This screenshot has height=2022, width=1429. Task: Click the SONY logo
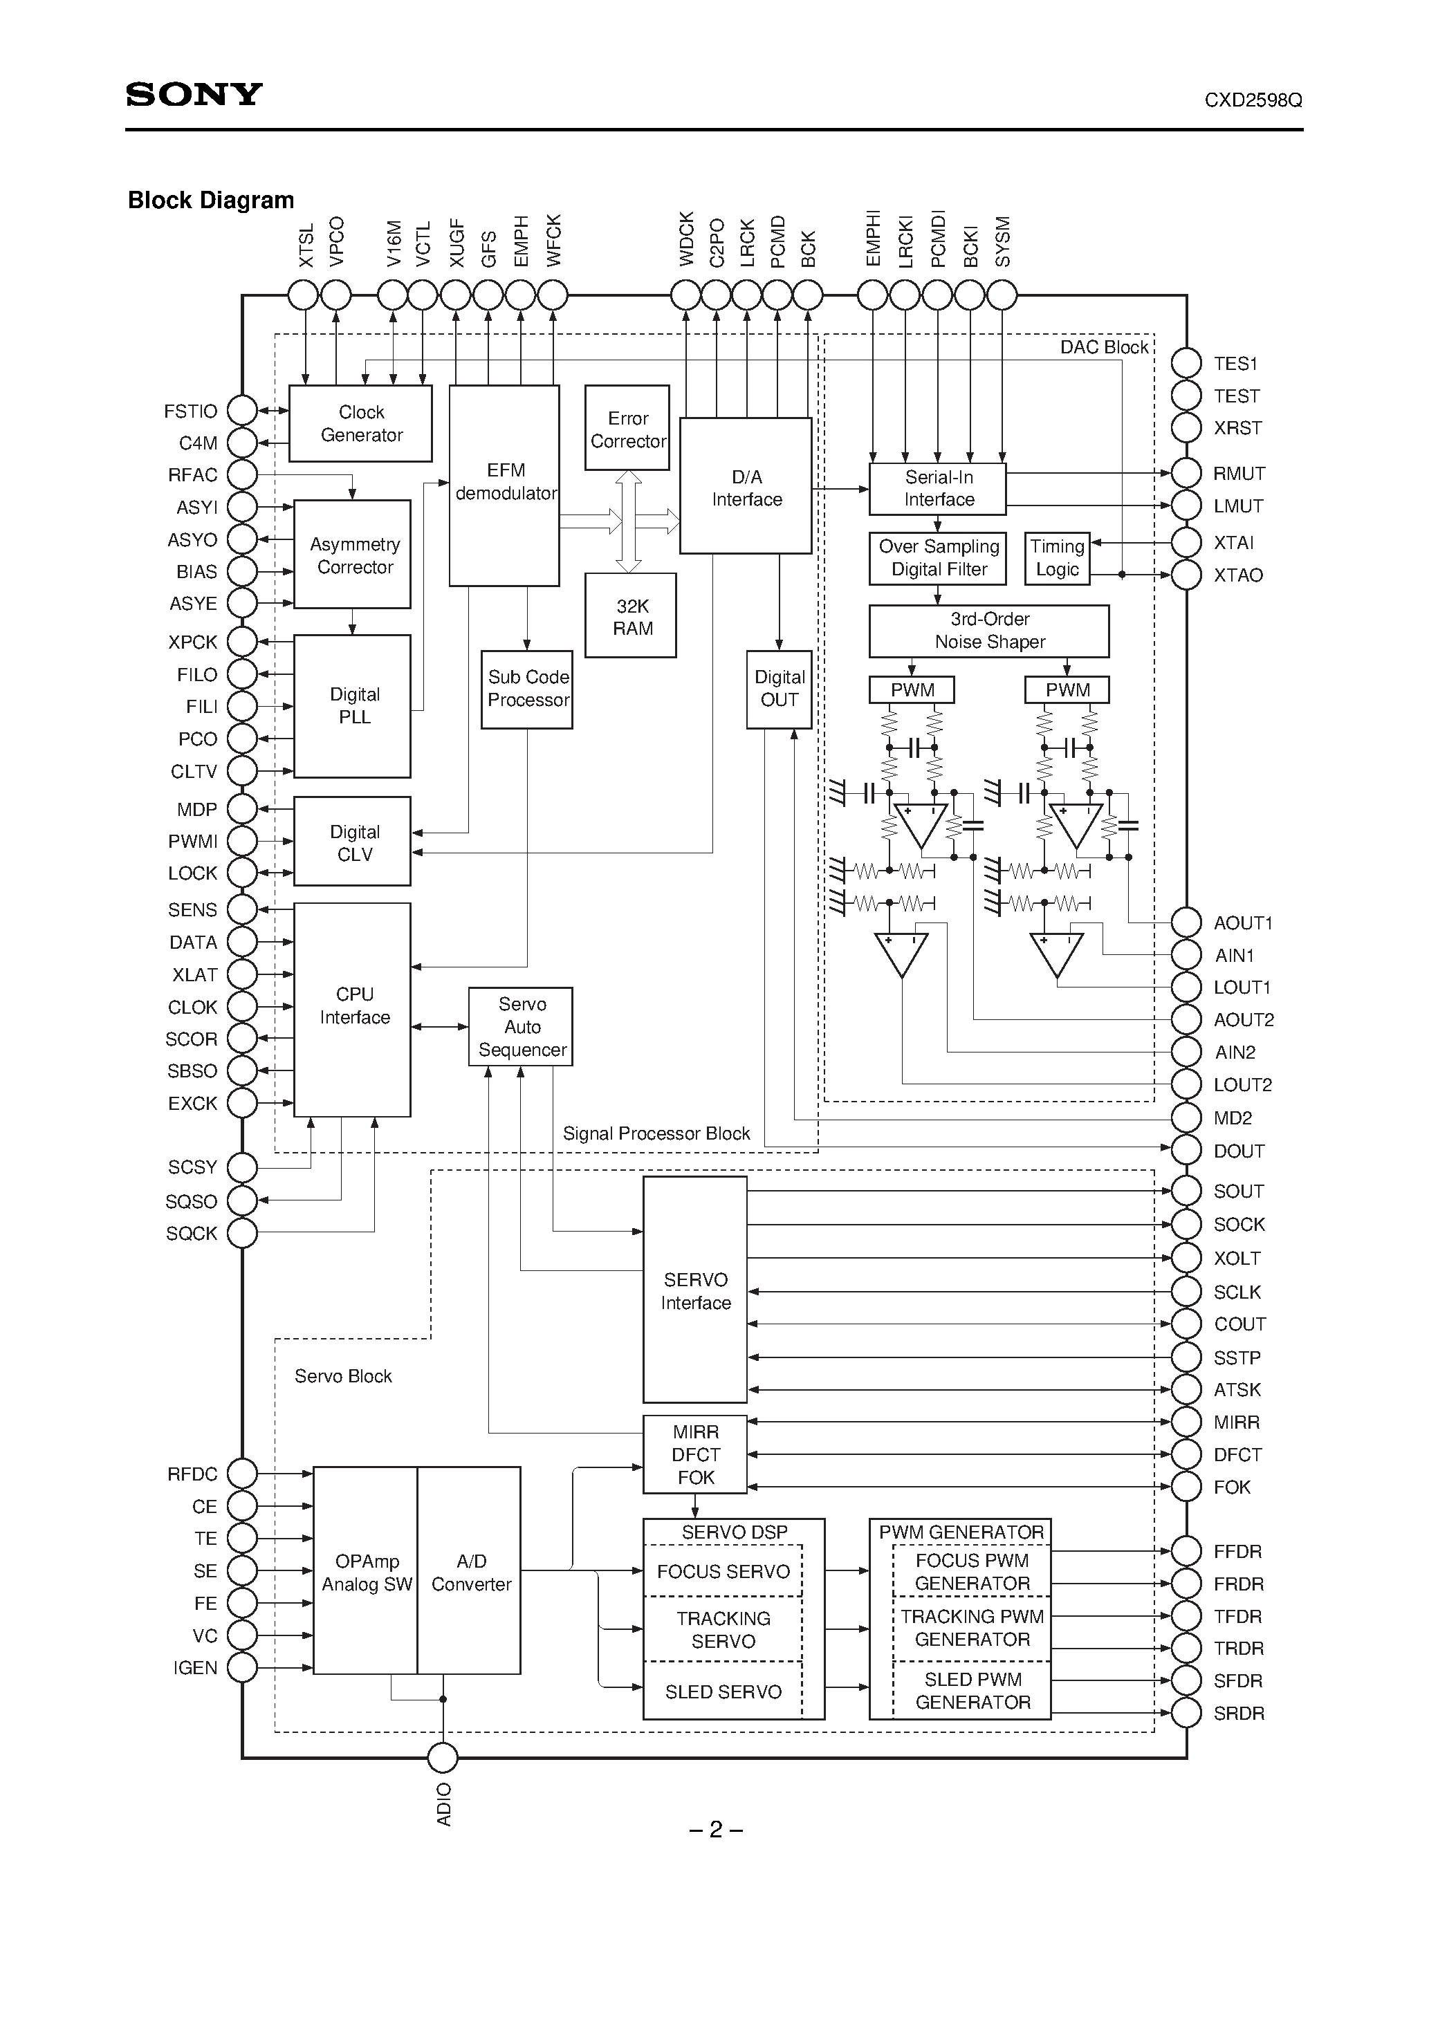[x=194, y=94]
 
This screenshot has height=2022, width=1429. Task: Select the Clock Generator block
[x=360, y=424]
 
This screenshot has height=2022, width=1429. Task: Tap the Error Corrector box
[x=627, y=429]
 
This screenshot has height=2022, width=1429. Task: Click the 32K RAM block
[x=631, y=616]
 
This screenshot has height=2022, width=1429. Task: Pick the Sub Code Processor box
[x=527, y=689]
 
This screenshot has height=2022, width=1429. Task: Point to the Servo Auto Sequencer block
[x=521, y=1027]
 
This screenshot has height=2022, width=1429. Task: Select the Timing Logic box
[x=1057, y=557]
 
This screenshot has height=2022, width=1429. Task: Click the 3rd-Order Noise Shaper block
[x=988, y=631]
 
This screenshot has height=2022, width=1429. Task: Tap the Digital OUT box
[x=779, y=689]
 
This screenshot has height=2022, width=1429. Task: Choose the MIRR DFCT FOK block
[x=695, y=1455]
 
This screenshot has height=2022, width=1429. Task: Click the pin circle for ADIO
[x=443, y=1758]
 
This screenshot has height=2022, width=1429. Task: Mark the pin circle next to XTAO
[x=1186, y=575]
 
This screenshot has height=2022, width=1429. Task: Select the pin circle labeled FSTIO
[x=242, y=410]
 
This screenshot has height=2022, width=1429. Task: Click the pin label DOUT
[x=1238, y=1151]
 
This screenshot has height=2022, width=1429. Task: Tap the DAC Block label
[x=1103, y=347]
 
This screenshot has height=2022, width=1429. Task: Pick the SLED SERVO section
[x=723, y=1691]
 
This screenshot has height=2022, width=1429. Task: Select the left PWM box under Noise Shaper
[x=912, y=689]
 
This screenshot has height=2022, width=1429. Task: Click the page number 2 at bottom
[x=715, y=1830]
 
